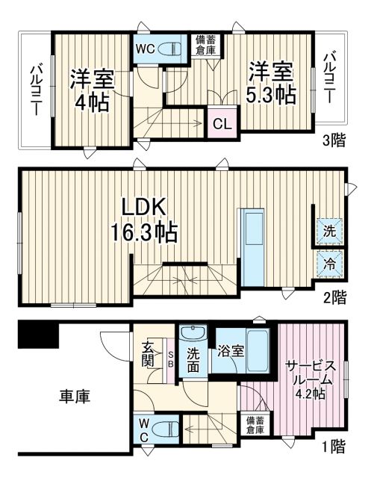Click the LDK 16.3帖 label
click(145, 220)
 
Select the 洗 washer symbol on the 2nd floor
click(329, 232)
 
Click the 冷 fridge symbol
click(329, 263)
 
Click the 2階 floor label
click(334, 297)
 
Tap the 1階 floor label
click(334, 447)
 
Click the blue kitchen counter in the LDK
click(252, 246)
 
